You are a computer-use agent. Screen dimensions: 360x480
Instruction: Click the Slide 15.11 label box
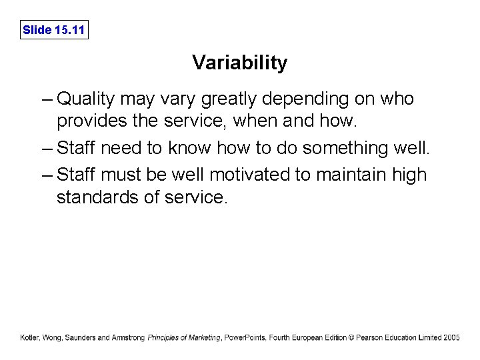[54, 30]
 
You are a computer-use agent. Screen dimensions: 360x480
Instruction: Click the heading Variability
[240, 63]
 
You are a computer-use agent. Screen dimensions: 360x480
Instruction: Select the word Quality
[86, 100]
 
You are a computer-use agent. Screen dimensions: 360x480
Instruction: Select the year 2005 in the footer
[451, 338]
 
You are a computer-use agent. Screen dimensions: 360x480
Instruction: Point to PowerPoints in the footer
[245, 338]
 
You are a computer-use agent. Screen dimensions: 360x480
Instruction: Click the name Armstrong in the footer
[129, 338]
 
